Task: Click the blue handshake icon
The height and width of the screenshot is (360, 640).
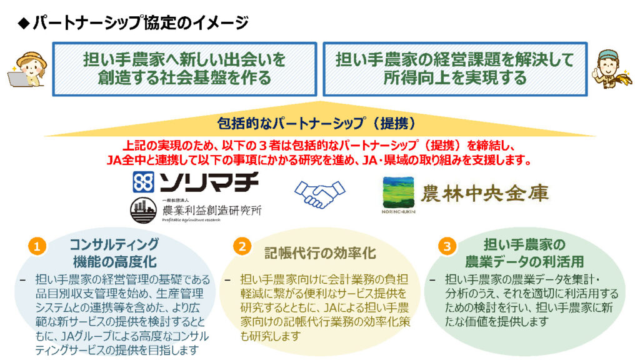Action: point(319,194)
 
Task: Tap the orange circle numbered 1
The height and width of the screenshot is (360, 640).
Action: point(37,246)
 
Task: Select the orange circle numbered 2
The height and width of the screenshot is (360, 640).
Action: point(242,246)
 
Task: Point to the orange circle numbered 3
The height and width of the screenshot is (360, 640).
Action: point(447,246)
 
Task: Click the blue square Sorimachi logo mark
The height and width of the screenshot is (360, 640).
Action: point(143,182)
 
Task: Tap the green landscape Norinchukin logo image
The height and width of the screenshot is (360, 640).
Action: point(398,192)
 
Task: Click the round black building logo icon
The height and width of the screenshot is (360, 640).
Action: point(143,211)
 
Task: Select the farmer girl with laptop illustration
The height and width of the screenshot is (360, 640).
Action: point(27,69)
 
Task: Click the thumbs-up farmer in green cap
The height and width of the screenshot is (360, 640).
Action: point(611,69)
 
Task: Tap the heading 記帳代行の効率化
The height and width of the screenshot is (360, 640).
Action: point(320,254)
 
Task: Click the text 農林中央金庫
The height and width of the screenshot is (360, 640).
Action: point(484,193)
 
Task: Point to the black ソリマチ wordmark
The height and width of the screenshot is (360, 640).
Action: point(209,182)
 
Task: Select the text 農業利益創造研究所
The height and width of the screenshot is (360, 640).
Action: point(211,211)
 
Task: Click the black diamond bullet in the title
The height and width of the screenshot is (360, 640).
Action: point(24,23)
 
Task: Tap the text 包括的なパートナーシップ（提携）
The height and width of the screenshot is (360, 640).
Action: point(317,123)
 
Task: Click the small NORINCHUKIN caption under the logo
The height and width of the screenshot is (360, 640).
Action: point(398,212)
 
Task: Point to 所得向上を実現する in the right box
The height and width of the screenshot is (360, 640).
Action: point(455,78)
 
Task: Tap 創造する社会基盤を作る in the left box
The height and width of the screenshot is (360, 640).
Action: point(184,78)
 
